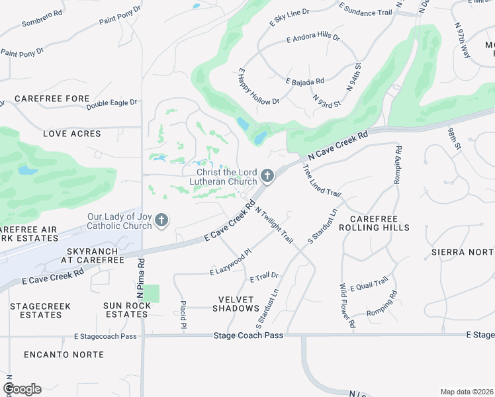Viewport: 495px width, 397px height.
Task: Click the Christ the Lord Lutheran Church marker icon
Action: [x=267, y=175]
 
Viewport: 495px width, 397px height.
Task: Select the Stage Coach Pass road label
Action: [x=248, y=335]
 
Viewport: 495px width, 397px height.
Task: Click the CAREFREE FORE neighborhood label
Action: [x=52, y=99]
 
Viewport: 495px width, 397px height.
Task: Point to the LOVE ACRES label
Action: [x=72, y=134]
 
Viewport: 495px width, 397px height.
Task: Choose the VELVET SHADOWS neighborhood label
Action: [x=236, y=304]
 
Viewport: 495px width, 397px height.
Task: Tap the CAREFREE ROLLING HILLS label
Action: [x=379, y=223]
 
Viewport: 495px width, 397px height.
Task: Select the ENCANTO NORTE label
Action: [x=64, y=355]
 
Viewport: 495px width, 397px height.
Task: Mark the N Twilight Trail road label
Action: [x=273, y=225]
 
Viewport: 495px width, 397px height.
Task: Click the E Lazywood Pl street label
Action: [x=231, y=263]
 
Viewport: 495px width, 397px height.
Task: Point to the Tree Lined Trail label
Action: [x=322, y=181]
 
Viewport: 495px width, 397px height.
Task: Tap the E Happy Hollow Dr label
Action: [x=258, y=87]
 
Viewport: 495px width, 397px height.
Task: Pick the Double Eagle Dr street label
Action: [x=111, y=103]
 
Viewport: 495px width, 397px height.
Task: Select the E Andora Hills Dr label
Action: [x=313, y=39]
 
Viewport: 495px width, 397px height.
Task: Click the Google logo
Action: [x=22, y=388]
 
